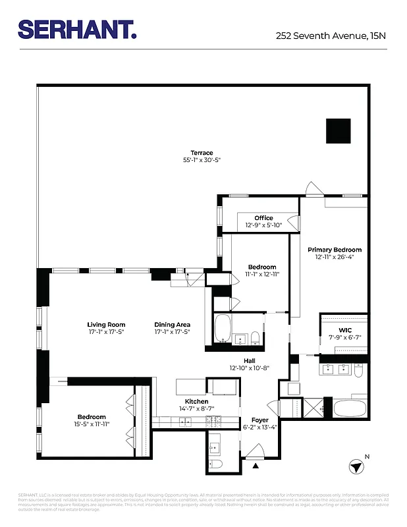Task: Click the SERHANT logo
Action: tap(77, 30)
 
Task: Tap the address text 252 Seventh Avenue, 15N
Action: tap(331, 37)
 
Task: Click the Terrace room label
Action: tap(202, 153)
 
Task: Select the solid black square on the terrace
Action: tap(339, 130)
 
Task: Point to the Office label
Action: tap(263, 218)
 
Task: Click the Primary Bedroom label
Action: tap(335, 250)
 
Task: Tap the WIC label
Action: tap(346, 329)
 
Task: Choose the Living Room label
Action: tap(106, 324)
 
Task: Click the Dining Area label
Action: tap(173, 324)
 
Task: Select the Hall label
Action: tap(250, 360)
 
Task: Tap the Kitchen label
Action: tap(196, 401)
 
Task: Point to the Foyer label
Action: tap(260, 420)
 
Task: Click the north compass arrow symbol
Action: tap(356, 466)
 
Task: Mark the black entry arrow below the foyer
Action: tap(256, 465)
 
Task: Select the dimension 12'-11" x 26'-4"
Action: tap(335, 258)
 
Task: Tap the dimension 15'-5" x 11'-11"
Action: tap(92, 424)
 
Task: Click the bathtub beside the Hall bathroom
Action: tap(221, 328)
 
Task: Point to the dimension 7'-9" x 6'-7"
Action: tap(346, 337)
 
